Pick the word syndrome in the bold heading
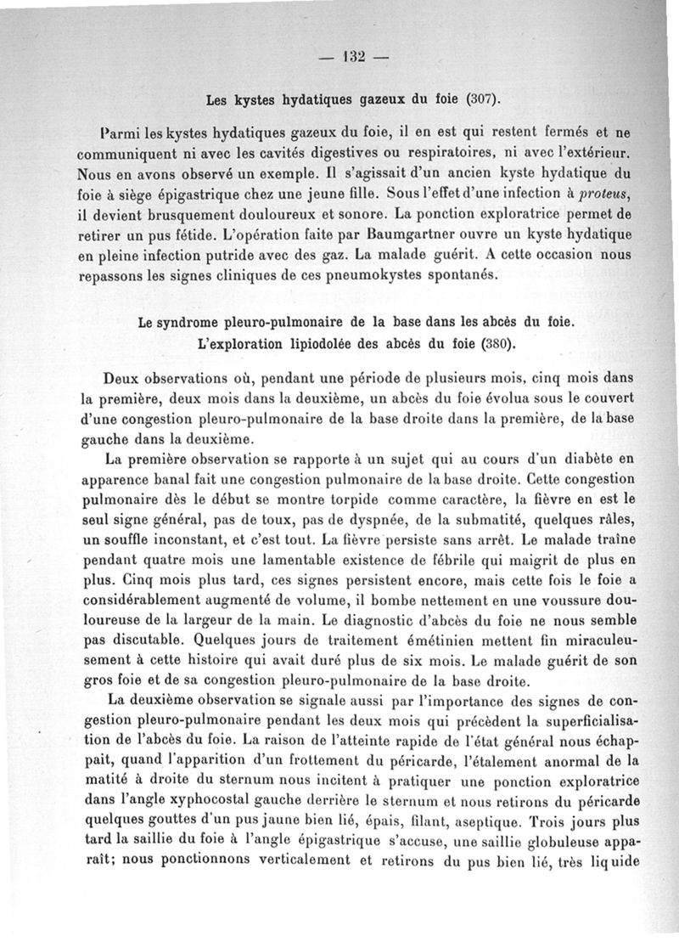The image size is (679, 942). coord(196,324)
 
